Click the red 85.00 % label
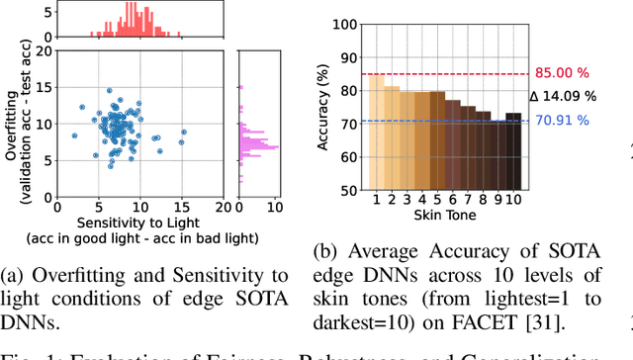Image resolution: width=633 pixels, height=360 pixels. coord(568,72)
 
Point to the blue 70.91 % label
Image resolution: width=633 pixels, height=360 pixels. coord(568,122)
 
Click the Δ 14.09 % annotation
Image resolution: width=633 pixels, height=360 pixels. coord(562,97)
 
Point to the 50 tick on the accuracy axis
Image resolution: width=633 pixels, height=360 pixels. coord(351,189)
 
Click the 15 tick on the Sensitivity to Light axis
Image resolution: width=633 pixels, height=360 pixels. coord(182,207)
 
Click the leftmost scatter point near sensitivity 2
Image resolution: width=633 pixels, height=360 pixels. coord(73,135)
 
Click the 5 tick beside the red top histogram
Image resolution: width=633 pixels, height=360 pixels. coord(43,12)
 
